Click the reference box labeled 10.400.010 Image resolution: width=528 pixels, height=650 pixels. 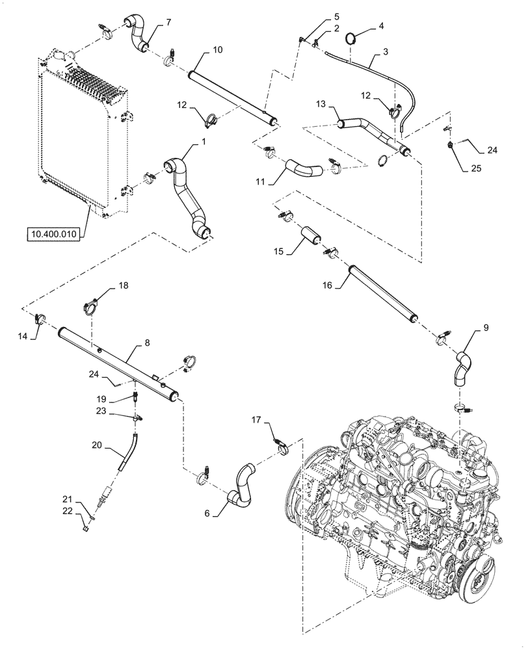(x=52, y=233)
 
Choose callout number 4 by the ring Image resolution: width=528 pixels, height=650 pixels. (x=382, y=26)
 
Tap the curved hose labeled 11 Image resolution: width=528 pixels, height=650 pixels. (x=301, y=170)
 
